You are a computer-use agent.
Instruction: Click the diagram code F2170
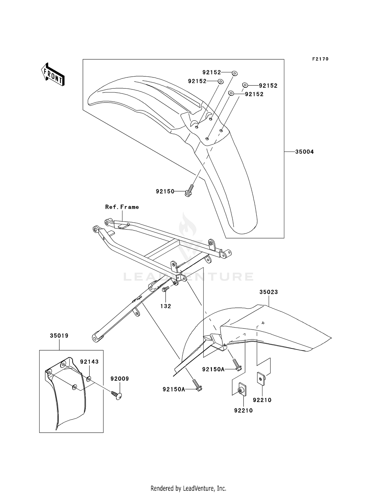tap(320, 59)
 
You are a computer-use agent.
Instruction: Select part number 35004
tap(304, 152)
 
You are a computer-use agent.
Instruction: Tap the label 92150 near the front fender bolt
tap(165, 191)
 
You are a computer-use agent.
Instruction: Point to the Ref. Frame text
tap(122, 207)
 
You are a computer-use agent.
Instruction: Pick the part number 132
tap(166, 306)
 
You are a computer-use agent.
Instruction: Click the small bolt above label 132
tap(166, 289)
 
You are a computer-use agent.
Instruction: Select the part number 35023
tap(269, 292)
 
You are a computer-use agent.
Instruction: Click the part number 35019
tap(59, 336)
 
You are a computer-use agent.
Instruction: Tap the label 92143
tap(89, 362)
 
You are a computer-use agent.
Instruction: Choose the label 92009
tap(120, 379)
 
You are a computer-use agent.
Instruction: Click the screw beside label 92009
tap(116, 396)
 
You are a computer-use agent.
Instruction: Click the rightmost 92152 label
tap(268, 86)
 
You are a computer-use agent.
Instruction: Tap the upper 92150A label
tap(213, 369)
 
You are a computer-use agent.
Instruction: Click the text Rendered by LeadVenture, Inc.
tap(188, 488)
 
